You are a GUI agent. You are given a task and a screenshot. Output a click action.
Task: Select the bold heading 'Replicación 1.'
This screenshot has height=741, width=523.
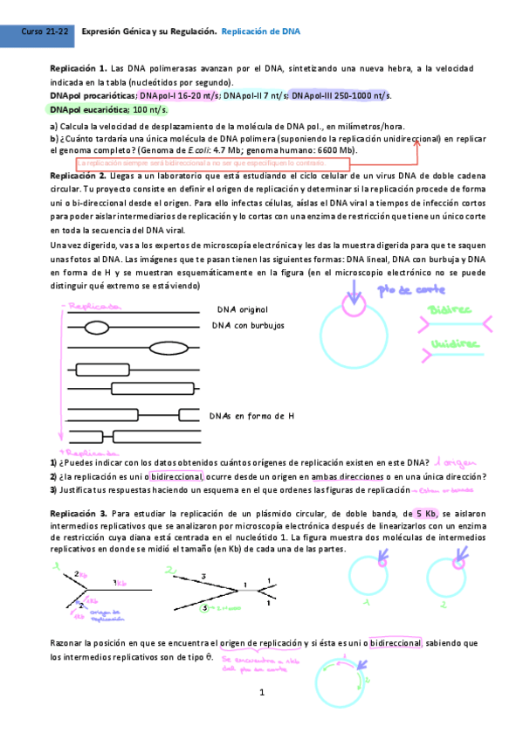pyautogui.click(x=79, y=68)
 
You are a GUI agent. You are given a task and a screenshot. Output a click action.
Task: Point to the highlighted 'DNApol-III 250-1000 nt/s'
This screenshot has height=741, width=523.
pyautogui.click(x=341, y=95)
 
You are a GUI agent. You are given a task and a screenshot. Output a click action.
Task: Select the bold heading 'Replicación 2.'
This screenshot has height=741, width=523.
pyautogui.click(x=79, y=177)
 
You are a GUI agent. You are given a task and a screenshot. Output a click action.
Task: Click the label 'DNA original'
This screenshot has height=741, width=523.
pyautogui.click(x=242, y=309)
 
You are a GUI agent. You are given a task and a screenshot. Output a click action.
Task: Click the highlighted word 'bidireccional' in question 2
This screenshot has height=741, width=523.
pyautogui.click(x=176, y=476)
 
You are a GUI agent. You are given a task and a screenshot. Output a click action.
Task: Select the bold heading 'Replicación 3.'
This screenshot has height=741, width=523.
pyautogui.click(x=79, y=513)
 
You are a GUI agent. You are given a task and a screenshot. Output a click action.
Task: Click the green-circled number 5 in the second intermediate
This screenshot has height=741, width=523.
pyautogui.click(x=204, y=606)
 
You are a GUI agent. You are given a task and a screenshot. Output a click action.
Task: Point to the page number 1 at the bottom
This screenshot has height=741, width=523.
pyautogui.click(x=261, y=692)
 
